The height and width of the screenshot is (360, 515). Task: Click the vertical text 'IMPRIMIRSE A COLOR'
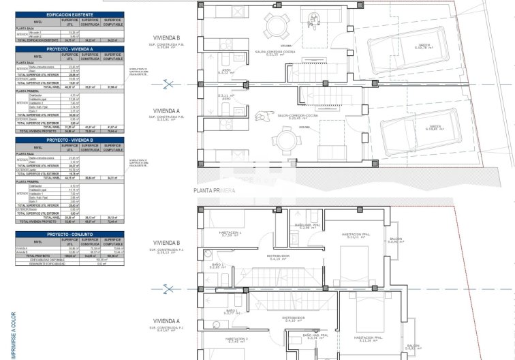[13, 334]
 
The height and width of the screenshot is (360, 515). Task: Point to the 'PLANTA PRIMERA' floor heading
[215, 192]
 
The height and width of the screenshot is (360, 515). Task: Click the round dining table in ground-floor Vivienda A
[286, 142]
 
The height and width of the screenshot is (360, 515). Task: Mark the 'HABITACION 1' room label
[230, 233]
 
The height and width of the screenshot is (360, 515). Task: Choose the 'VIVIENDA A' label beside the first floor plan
[167, 321]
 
